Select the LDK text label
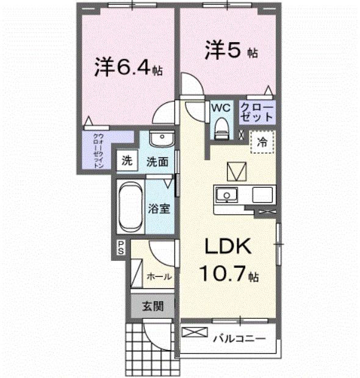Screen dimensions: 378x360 click(227, 246)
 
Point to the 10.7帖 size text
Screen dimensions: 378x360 click(227, 275)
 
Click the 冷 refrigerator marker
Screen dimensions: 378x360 click(262, 143)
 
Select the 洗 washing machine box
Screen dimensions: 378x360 click(127, 161)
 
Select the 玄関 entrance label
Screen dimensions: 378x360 click(153, 306)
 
